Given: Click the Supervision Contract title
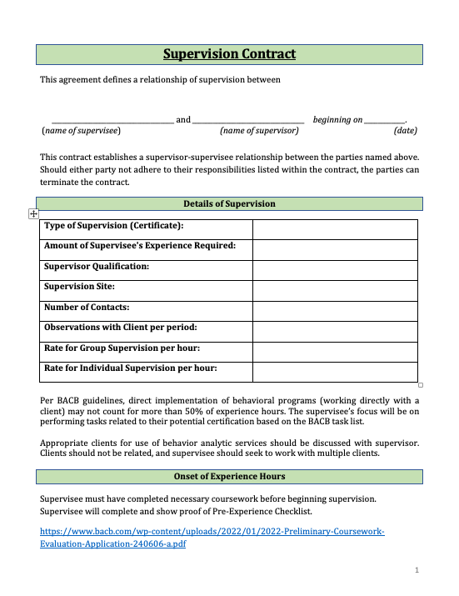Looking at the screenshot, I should point(229,55).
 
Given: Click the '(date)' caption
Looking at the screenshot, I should point(405,131).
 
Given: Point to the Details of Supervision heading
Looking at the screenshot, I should point(229,204).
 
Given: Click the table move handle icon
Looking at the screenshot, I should point(33,214).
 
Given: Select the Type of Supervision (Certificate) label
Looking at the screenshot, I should point(113,226).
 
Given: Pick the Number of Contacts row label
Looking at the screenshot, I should point(87,307).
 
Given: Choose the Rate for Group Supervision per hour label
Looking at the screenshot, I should point(122,348).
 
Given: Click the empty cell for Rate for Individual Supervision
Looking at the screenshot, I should point(334,373).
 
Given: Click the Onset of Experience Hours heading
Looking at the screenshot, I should point(229,477).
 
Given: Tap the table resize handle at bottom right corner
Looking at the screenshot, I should point(421,385).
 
